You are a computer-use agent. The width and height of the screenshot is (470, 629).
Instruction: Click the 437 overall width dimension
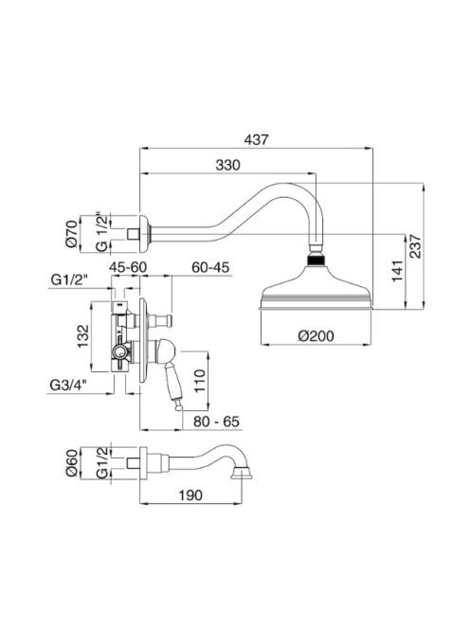point(256,140)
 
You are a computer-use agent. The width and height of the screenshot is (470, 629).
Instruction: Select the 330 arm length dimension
point(227,165)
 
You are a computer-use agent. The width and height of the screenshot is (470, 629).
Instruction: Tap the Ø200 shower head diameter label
point(316,335)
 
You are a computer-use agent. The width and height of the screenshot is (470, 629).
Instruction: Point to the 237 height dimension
point(416,246)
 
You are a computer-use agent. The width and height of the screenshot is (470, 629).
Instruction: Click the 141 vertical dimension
point(397,271)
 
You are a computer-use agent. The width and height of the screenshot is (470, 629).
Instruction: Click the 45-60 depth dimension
point(128,267)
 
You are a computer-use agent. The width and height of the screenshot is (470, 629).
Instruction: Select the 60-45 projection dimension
point(210,267)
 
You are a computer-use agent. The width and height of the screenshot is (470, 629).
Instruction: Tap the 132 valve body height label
point(83,336)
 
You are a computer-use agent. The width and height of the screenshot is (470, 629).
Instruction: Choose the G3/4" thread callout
point(68,386)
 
